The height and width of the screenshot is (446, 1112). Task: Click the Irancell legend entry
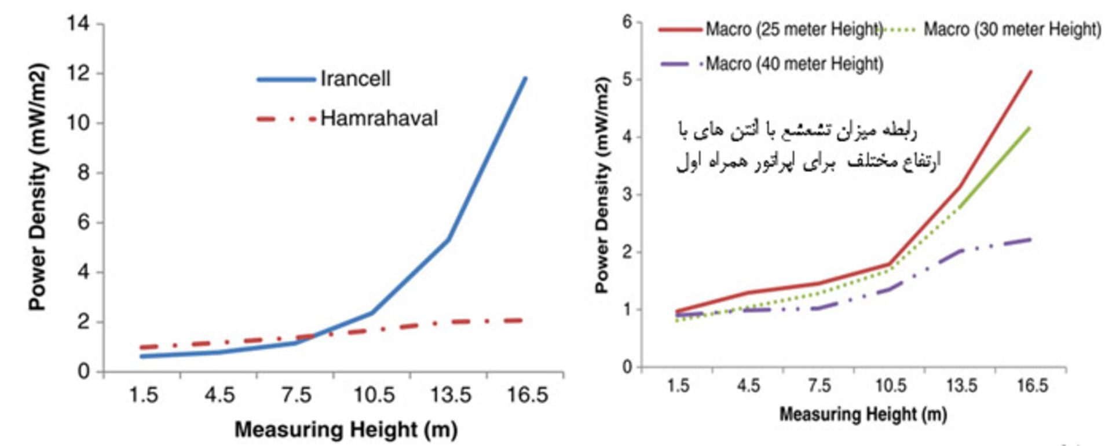pos(355,79)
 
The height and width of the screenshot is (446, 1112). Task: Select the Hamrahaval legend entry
pos(379,119)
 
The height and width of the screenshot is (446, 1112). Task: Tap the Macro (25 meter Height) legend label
pos(793,29)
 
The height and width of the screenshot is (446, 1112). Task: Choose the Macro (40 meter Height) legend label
pos(794,63)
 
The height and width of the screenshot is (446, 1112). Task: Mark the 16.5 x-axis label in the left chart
pos(527,396)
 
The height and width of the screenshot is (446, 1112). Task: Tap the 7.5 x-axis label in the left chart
pos(297,396)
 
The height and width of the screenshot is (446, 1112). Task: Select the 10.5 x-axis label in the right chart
pos(890,386)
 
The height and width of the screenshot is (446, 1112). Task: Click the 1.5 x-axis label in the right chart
pos(678,386)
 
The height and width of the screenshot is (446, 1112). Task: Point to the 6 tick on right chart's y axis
pos(627,23)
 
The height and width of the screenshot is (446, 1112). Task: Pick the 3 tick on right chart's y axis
pos(627,194)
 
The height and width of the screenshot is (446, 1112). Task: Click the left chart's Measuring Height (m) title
pos(346,430)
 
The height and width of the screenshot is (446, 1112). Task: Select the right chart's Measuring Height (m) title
pos(863,414)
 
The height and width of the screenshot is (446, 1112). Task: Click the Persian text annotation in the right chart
pos(807,146)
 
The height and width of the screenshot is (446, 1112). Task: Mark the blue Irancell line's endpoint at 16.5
pos(525,78)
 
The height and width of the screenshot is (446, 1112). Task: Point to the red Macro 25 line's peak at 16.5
pos(1031,71)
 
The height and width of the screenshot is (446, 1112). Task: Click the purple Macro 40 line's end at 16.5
pos(1030,239)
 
